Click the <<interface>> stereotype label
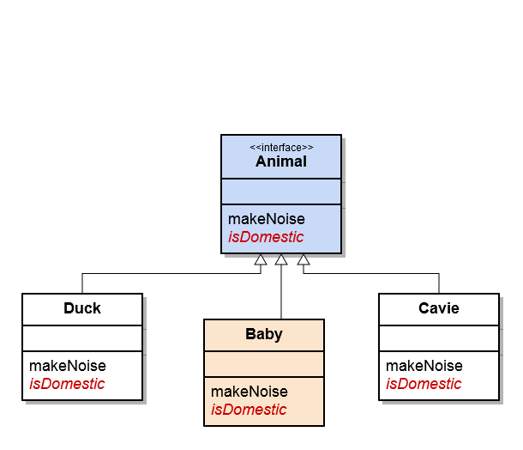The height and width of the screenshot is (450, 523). click(281, 148)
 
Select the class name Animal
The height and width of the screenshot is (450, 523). click(281, 161)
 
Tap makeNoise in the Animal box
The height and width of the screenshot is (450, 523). click(267, 219)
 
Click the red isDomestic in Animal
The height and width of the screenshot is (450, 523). click(266, 237)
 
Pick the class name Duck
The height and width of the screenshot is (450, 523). click(82, 308)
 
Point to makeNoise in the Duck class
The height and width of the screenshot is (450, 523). click(68, 366)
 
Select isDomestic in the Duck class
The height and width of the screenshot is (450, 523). click(67, 384)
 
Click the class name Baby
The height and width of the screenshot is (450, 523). click(264, 334)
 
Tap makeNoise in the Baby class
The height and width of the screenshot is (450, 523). click(249, 392)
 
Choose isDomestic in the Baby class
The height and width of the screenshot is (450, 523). click(249, 410)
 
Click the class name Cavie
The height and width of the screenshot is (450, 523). click(439, 308)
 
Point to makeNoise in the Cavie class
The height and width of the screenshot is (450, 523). click(424, 366)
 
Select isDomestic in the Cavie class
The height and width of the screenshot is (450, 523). click(424, 384)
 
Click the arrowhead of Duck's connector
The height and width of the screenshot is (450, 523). click(261, 259)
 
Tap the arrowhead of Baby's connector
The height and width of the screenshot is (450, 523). click(281, 259)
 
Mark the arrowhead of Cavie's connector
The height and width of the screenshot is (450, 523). click(304, 259)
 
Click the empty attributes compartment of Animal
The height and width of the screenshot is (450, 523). click(281, 192)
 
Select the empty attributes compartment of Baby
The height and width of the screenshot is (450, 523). click(264, 364)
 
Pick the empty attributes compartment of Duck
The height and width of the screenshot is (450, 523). click(82, 338)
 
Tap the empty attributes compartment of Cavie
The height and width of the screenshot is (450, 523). click(439, 338)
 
